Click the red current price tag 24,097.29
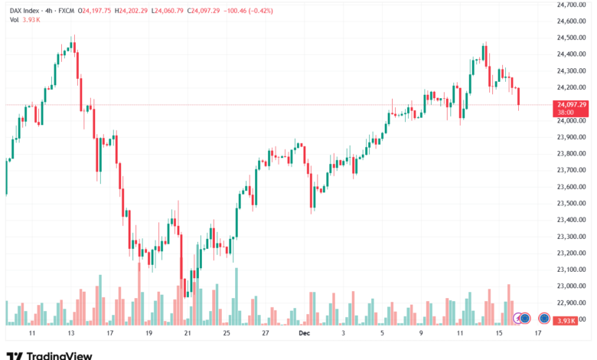click(572, 104)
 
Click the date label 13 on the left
click(71, 334)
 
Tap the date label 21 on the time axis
click(188, 334)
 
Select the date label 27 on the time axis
click(265, 334)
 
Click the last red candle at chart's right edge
click(518, 97)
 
